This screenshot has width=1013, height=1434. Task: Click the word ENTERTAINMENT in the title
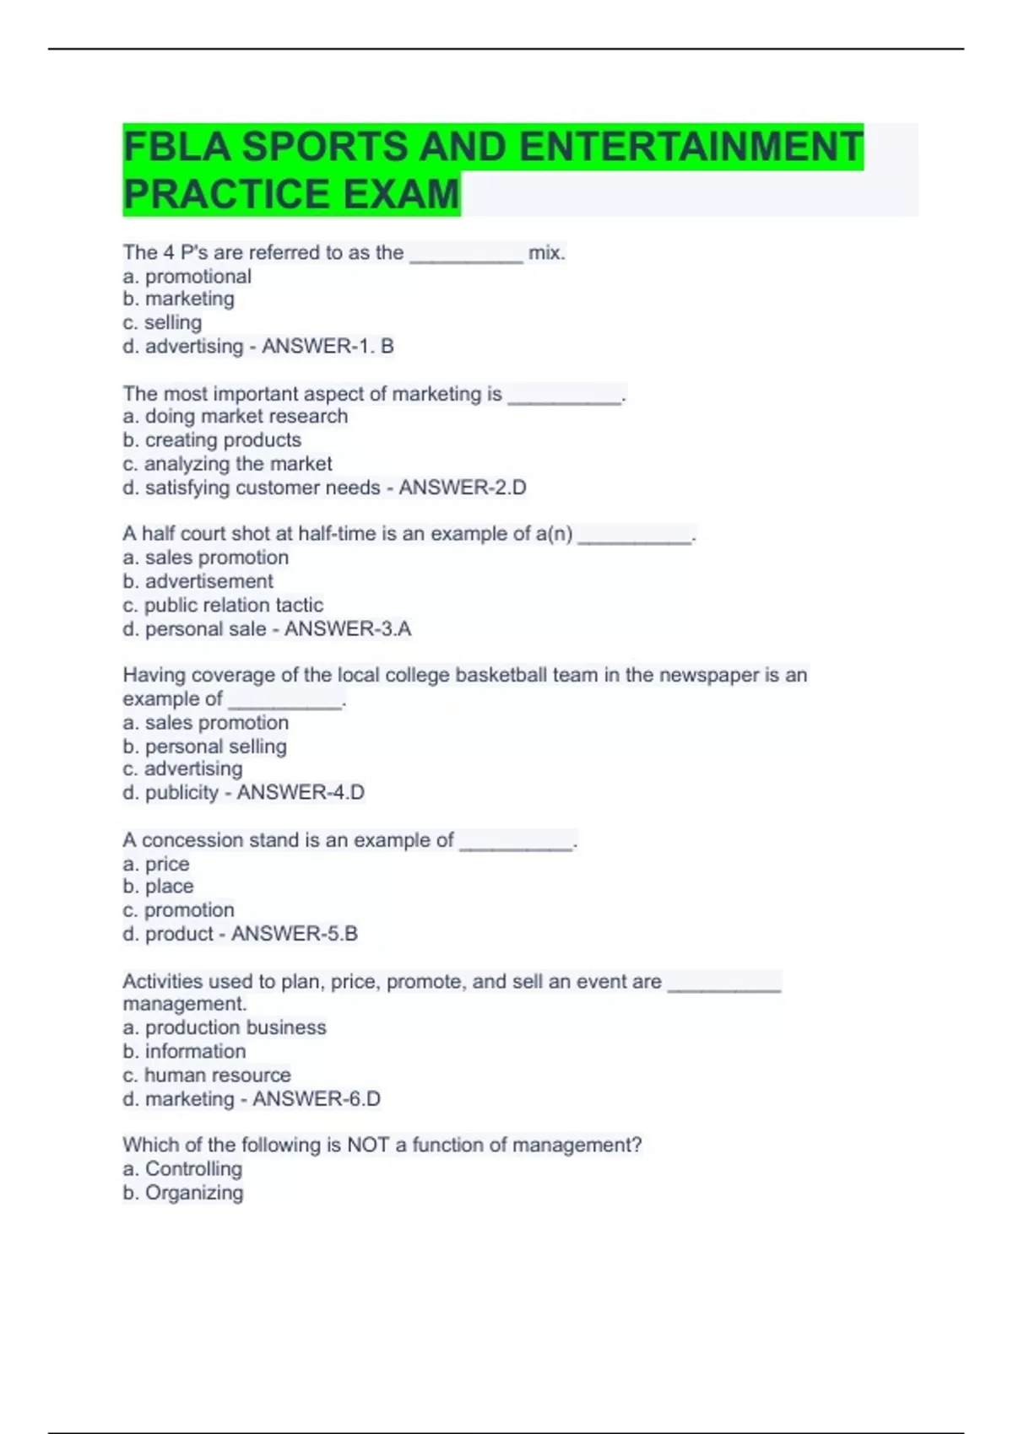[x=691, y=147]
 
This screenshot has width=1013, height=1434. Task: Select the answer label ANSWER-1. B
[x=328, y=346]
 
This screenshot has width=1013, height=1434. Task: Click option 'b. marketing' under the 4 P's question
[x=178, y=299]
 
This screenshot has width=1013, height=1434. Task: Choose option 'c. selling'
[x=162, y=322]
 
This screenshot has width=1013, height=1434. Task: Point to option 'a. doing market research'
[x=235, y=416]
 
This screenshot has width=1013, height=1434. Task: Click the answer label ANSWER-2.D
[x=463, y=488]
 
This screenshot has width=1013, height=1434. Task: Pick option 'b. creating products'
[x=212, y=439]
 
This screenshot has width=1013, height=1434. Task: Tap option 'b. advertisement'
[x=198, y=581]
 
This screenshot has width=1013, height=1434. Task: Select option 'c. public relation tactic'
[x=223, y=605]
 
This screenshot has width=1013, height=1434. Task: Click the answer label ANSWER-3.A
[x=348, y=628]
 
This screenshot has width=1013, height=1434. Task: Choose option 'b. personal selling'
[x=204, y=747]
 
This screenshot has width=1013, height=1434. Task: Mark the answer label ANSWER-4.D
[x=301, y=792]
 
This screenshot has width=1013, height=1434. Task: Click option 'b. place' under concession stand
[x=158, y=887]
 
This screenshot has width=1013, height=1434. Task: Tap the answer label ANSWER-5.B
[x=295, y=934]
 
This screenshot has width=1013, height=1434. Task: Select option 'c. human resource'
[x=207, y=1075]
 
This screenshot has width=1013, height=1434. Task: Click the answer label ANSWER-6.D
[x=317, y=1098]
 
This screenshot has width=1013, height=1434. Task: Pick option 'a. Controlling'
[x=182, y=1168]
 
